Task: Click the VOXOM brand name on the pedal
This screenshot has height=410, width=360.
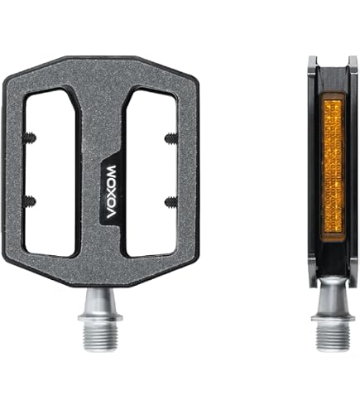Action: pyautogui.click(x=111, y=192)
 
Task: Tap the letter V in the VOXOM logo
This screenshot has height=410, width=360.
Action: pyautogui.click(x=111, y=213)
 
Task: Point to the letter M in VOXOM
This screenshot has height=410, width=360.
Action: pyautogui.click(x=111, y=171)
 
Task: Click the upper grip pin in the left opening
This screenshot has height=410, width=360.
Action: pyautogui.click(x=29, y=137)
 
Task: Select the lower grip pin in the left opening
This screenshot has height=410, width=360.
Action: pyautogui.click(x=29, y=201)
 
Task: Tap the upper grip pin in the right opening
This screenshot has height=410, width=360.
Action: pyautogui.click(x=171, y=138)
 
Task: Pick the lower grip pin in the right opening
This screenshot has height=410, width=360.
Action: pyautogui.click(x=171, y=202)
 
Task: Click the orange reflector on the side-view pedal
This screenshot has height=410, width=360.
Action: pyautogui.click(x=333, y=167)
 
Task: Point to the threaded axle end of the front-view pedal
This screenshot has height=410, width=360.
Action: pyautogui.click(x=100, y=335)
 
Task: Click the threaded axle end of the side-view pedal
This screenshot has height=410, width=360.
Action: pyautogui.click(x=334, y=335)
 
